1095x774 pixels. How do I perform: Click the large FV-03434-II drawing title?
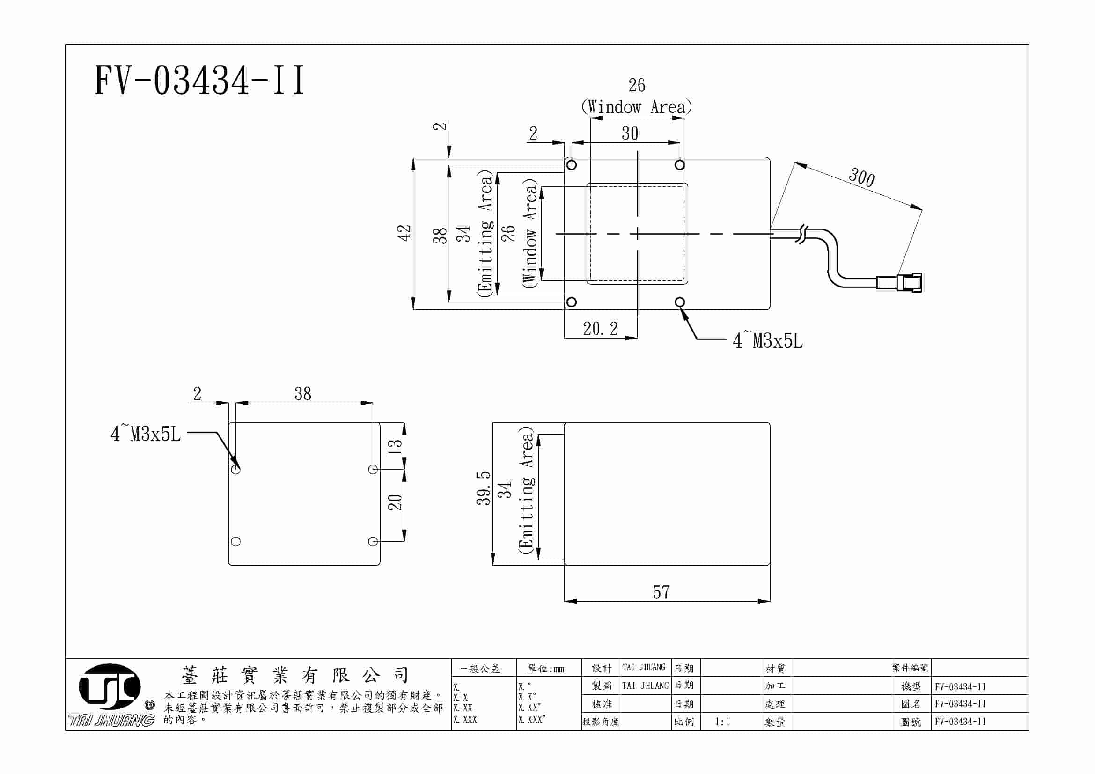199,81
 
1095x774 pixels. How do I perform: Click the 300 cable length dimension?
861,177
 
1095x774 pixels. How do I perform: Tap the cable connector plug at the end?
909,282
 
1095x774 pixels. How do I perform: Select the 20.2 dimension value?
600,329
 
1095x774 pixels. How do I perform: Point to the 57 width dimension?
661,592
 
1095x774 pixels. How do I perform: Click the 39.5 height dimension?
483,488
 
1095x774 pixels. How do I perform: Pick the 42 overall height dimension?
404,233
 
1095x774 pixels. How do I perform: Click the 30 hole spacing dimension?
630,133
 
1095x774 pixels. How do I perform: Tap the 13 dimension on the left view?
394,446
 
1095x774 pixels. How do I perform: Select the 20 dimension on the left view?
394,502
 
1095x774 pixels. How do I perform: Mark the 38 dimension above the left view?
302,394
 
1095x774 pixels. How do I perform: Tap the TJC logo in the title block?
110,687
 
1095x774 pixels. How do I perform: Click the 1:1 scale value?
722,722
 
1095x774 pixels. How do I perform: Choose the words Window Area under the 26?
637,107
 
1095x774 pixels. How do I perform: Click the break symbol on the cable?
802,234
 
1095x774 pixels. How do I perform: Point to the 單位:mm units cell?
545,669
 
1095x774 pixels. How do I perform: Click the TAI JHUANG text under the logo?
111,720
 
